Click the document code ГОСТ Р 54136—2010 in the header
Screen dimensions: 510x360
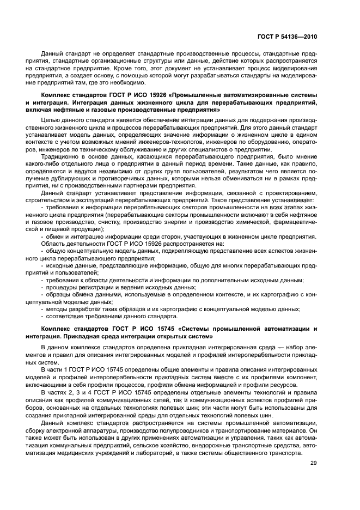286,37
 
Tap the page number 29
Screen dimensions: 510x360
314,464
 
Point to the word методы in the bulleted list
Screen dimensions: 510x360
57,308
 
